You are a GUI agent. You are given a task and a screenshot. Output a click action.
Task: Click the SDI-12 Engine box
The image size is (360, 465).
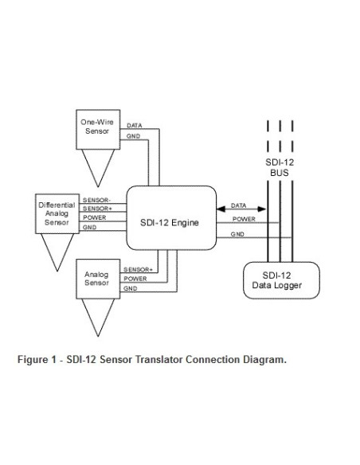pos(171,222)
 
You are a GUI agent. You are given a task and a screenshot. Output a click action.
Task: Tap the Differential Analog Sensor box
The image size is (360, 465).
pos(57,214)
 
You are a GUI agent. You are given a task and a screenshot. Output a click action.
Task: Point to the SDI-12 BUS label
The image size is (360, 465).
pos(280,165)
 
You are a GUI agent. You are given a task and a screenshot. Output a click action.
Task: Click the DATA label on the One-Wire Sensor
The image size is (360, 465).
pos(135,125)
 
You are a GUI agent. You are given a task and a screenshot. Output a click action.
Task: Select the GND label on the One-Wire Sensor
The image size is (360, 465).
pos(133,136)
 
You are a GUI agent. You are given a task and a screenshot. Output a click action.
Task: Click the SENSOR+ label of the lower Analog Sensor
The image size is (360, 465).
pos(136,270)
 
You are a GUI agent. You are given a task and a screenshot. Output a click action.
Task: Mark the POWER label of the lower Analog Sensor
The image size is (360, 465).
pos(135,279)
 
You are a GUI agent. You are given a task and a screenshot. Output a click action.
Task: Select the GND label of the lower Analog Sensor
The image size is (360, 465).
pos(130,288)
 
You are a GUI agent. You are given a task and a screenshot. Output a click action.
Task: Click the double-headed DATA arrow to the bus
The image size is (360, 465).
pos(242,209)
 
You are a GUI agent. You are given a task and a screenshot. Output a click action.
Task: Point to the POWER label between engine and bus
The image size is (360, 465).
pos(243,218)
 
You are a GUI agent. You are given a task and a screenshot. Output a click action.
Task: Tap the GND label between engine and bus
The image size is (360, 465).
pos(237,234)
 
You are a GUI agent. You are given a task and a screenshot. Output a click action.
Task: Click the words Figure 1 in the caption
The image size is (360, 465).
pos(37,359)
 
